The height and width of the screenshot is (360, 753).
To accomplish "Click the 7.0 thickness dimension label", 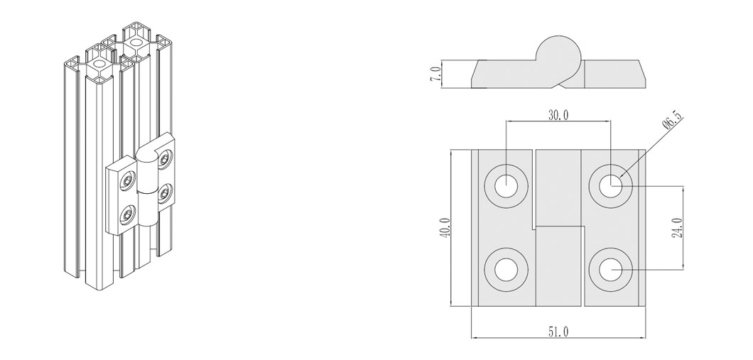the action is click(x=436, y=74).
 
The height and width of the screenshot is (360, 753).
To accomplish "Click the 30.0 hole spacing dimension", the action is click(x=558, y=115).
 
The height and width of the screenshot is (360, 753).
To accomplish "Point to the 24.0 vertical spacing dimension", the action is click(x=677, y=227).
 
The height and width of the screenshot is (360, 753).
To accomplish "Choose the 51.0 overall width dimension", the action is click(x=558, y=331).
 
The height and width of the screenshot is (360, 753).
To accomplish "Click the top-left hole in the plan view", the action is click(x=506, y=186).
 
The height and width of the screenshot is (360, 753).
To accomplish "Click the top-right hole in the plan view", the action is click(x=610, y=186).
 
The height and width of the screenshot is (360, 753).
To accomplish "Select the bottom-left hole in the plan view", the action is click(x=506, y=269).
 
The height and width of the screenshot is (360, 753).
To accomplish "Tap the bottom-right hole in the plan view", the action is click(x=610, y=269).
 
